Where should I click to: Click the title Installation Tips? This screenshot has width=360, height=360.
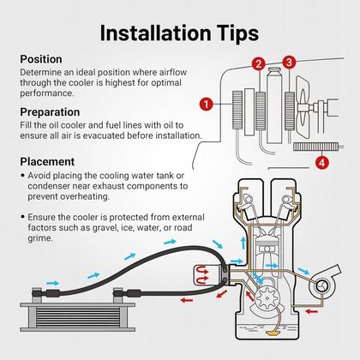[179, 33]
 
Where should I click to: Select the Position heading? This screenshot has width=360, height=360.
[41, 59]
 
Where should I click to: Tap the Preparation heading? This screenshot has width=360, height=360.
[50, 112]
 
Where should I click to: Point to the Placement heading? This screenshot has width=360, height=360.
[47, 162]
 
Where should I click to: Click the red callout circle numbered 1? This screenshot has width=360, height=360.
[207, 104]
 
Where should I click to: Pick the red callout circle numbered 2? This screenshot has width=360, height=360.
[259, 64]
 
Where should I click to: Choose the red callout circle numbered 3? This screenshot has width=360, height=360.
[289, 62]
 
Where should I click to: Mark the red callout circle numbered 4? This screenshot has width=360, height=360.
[322, 163]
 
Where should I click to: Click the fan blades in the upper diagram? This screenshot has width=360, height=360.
[303, 107]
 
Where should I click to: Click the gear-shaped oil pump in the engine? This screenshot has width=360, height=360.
[267, 298]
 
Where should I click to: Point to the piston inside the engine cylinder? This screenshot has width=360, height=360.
[267, 250]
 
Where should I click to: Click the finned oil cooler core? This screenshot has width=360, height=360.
[77, 317]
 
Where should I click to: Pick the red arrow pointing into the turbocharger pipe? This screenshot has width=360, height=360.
[312, 311]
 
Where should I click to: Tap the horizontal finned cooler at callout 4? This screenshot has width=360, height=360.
[315, 147]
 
